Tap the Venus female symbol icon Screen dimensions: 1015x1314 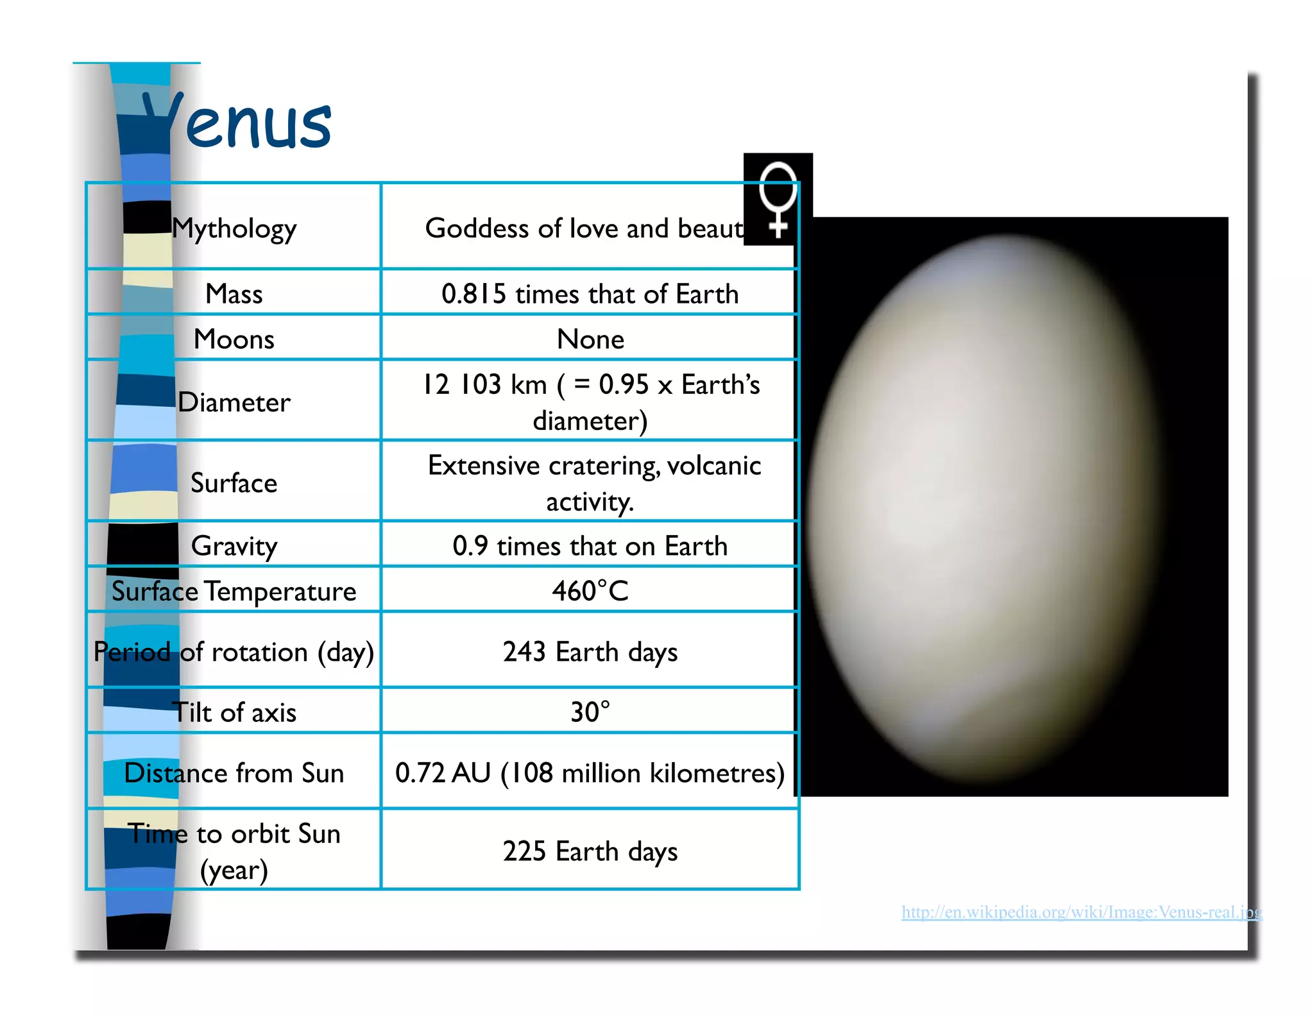pyautogui.click(x=778, y=199)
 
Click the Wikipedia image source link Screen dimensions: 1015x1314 pyautogui.click(x=1081, y=912)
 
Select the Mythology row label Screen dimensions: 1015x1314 pyautogui.click(x=234, y=228)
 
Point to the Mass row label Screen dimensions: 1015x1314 pyautogui.click(x=234, y=294)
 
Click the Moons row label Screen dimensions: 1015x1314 pyautogui.click(x=234, y=339)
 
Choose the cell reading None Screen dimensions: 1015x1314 pyautogui.click(x=590, y=339)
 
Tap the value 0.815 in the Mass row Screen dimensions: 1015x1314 pyautogui.click(x=474, y=294)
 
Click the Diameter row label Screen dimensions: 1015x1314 pyautogui.click(x=234, y=402)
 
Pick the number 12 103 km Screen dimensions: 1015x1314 pyautogui.click(x=484, y=384)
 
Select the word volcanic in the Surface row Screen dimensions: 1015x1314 pyautogui.click(x=714, y=465)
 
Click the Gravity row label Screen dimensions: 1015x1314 pyautogui.click(x=234, y=546)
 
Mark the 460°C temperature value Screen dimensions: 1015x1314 pyautogui.click(x=590, y=591)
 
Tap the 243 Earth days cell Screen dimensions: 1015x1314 pyautogui.click(x=590, y=652)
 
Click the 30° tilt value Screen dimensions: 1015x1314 pyautogui.click(x=590, y=712)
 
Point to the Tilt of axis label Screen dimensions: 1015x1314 pyautogui.click(x=234, y=712)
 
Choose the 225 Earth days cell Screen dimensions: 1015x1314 pyautogui.click(x=590, y=851)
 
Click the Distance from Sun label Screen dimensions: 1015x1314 pyautogui.click(x=234, y=773)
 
